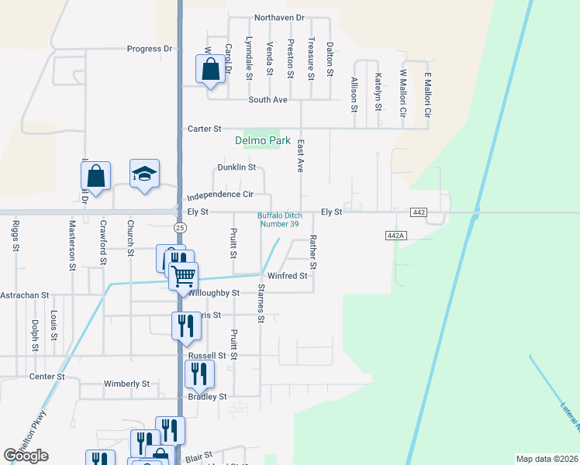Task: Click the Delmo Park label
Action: point(262,141)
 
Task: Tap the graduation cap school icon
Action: point(144,175)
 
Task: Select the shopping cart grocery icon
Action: point(184,277)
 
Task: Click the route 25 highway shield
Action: point(180,227)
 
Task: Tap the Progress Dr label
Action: point(150,49)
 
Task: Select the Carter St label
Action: point(205,129)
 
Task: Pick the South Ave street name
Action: point(268,100)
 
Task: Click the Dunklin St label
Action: point(236,167)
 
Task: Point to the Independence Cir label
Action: point(220,196)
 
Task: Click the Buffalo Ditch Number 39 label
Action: point(278,219)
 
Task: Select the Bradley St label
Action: point(207,396)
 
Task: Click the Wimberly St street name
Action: point(127,384)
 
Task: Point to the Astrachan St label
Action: point(25,295)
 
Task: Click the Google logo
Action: point(26,456)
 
